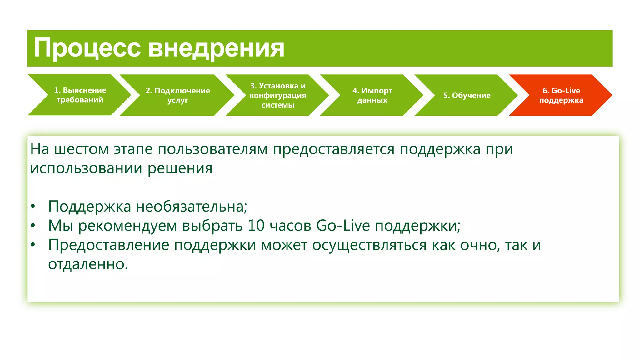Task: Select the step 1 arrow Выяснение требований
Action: point(80,95)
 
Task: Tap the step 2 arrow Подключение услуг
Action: point(177,95)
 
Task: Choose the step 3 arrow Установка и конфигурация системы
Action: point(278,95)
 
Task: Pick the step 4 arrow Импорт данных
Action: point(372,95)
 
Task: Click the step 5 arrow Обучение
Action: point(467,95)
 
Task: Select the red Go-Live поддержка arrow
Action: point(561,95)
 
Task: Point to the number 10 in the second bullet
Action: point(256,226)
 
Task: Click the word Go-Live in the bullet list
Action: point(343,226)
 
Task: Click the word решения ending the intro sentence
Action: point(180,168)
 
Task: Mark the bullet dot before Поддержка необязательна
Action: point(33,207)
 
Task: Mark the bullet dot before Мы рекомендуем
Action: point(33,226)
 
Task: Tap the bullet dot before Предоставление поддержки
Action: point(33,245)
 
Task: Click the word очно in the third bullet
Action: point(478,245)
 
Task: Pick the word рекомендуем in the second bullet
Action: point(127,226)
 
